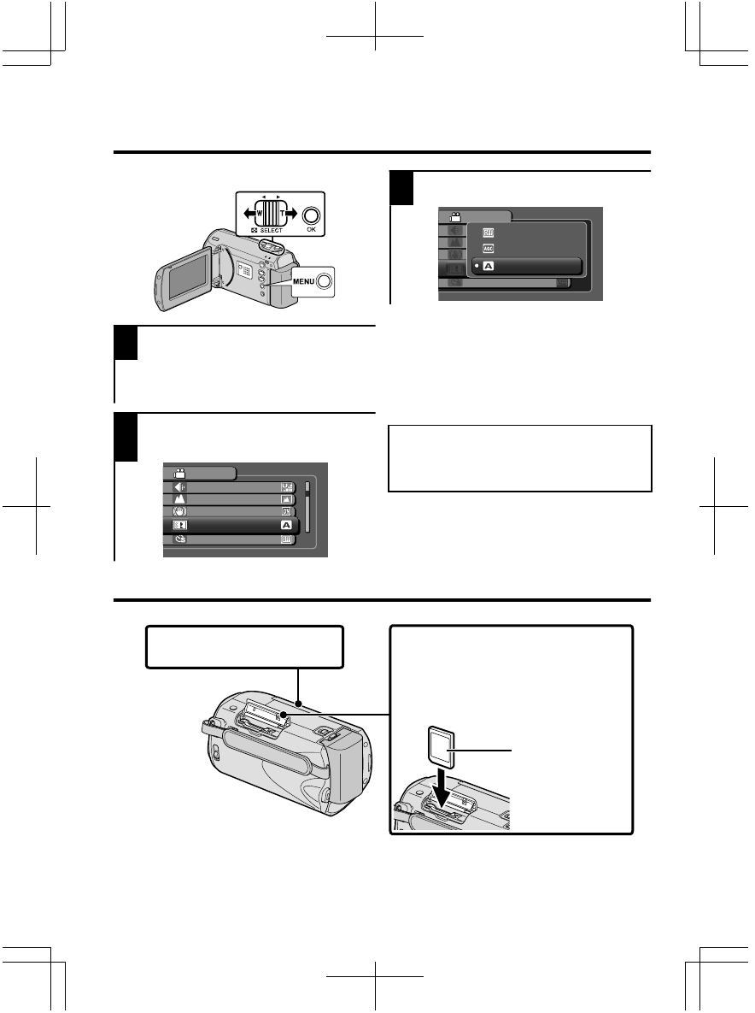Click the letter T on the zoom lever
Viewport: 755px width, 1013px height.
click(282, 215)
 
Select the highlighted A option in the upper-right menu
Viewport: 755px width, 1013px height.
click(526, 266)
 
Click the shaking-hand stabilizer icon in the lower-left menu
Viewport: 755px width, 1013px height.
click(180, 511)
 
